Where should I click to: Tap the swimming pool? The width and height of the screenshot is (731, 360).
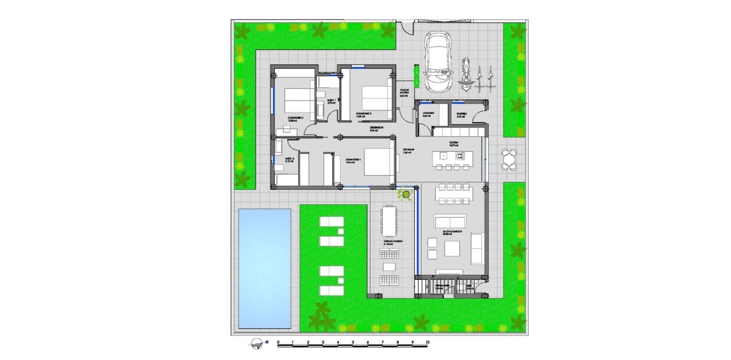click(264, 268)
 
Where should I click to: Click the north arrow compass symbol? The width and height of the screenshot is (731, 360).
click(258, 344)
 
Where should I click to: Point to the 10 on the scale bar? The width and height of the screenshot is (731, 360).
click(427, 343)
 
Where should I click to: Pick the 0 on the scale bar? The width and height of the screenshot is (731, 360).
click(278, 343)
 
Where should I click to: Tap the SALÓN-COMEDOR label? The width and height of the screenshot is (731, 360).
click(452, 232)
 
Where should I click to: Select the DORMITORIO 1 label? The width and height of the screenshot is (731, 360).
click(354, 161)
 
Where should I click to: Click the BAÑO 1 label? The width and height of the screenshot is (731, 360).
click(331, 101)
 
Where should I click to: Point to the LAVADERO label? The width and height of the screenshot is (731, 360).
click(427, 114)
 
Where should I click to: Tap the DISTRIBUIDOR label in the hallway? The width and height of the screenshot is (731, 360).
click(377, 128)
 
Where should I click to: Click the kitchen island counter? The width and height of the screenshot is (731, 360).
click(453, 156)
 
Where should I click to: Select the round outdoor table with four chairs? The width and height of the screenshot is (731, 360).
click(509, 160)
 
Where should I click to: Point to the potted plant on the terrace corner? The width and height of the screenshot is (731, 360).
click(406, 194)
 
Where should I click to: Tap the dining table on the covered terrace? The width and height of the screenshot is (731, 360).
click(388, 221)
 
